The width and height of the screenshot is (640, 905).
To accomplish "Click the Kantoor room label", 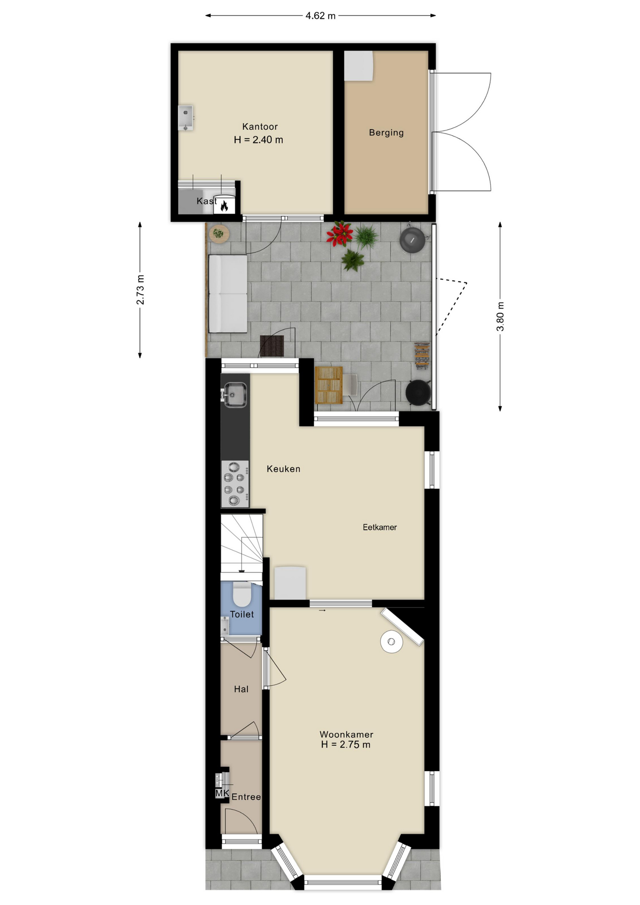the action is (x=260, y=126).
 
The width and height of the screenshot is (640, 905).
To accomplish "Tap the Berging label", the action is (x=386, y=132).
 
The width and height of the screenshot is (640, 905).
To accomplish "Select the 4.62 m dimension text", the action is (x=320, y=16).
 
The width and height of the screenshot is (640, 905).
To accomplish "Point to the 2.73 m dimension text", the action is (x=140, y=289).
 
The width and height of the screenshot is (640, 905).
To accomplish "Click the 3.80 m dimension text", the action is (x=500, y=316).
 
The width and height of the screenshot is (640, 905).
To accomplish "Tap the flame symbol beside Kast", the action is (x=224, y=205).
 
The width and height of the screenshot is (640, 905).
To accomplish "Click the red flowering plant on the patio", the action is (x=340, y=234).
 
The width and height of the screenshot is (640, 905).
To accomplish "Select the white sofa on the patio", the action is (x=228, y=294).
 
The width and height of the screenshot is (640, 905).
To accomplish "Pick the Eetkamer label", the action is (x=379, y=527).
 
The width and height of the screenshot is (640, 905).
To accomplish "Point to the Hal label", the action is (x=241, y=689).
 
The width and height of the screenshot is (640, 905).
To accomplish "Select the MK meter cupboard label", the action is (x=222, y=793).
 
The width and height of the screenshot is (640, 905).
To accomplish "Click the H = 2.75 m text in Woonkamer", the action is (x=345, y=745).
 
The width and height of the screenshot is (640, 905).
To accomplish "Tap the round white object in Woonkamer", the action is (x=392, y=642).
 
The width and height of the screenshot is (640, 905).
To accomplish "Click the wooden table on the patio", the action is (x=328, y=385).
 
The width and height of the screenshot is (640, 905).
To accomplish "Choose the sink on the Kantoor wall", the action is (x=185, y=118).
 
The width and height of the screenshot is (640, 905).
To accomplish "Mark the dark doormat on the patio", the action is (x=272, y=346).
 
